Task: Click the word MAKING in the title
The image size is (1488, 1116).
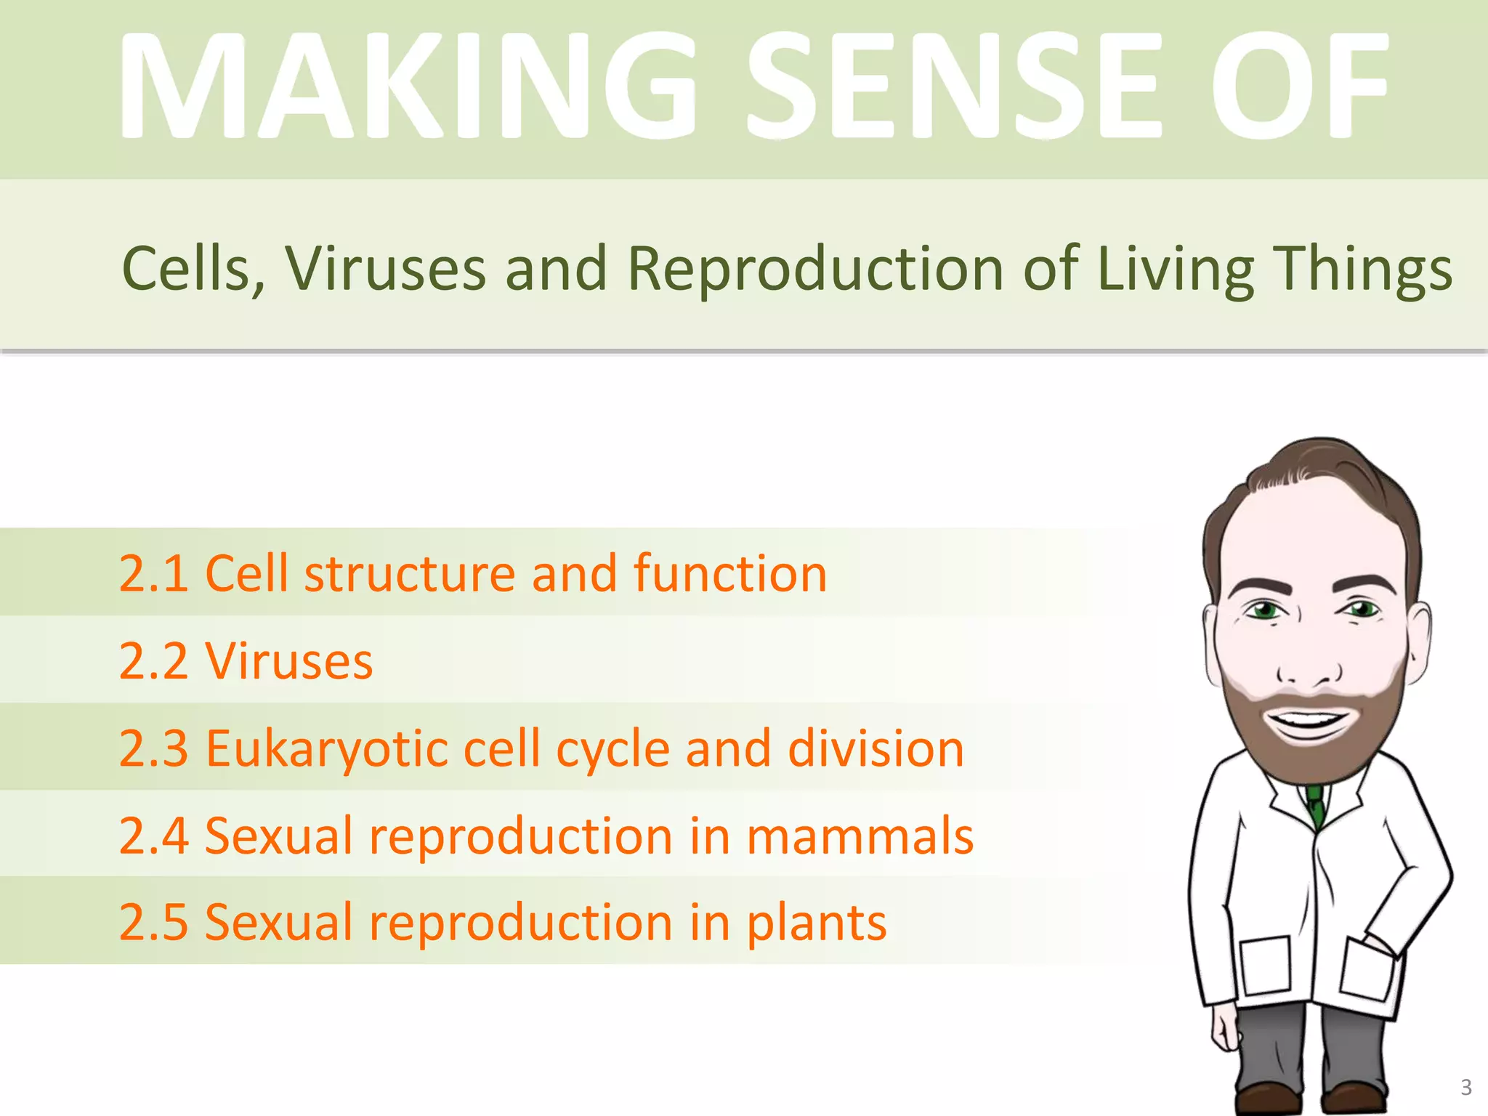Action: (x=407, y=86)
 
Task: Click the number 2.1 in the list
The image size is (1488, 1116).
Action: (x=153, y=574)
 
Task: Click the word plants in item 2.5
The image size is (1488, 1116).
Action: (x=817, y=923)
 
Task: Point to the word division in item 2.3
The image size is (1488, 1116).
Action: (x=876, y=748)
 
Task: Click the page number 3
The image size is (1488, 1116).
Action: (x=1465, y=1087)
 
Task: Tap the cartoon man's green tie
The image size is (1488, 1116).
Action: (x=1316, y=806)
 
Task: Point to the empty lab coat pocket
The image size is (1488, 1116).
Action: (x=1265, y=966)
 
